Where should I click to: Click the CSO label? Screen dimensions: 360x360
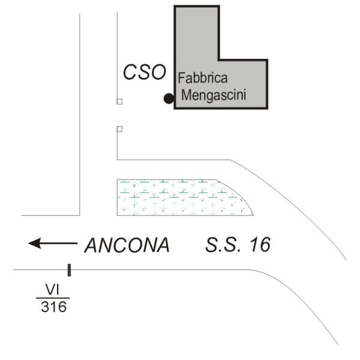pyautogui.click(x=145, y=72)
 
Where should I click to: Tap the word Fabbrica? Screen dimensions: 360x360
pyautogui.click(x=203, y=78)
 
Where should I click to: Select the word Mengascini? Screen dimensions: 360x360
pyautogui.click(x=214, y=95)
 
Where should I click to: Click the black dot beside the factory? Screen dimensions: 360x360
pyautogui.click(x=169, y=98)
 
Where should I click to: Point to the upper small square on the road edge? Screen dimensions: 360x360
pyautogui.click(x=119, y=101)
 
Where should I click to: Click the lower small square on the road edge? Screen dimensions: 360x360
pyautogui.click(x=119, y=129)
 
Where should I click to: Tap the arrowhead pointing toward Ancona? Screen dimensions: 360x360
pyautogui.click(x=35, y=243)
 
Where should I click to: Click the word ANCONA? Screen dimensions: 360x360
pyautogui.click(x=127, y=245)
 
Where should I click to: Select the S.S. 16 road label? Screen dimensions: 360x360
pyautogui.click(x=238, y=245)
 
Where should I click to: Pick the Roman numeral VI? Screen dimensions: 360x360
pyautogui.click(x=53, y=290)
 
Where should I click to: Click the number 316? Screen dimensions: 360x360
pyautogui.click(x=54, y=307)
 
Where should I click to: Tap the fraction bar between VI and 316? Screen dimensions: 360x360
pyautogui.click(x=53, y=298)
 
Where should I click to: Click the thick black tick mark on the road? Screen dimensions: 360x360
pyautogui.click(x=69, y=270)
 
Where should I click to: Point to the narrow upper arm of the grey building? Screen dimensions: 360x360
pyautogui.click(x=197, y=33)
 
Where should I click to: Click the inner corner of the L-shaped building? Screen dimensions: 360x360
pyautogui.click(x=219, y=60)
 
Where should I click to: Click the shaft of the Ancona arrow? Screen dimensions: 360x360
pyautogui.click(x=59, y=243)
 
